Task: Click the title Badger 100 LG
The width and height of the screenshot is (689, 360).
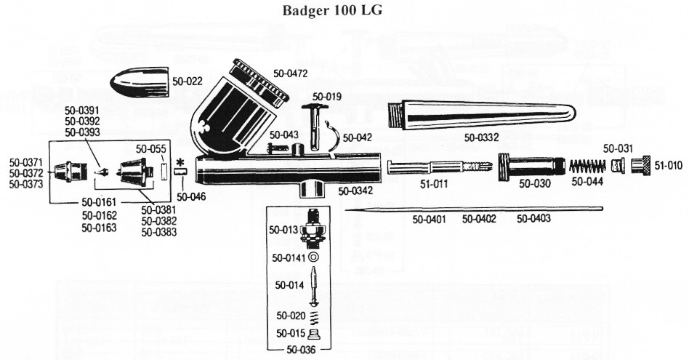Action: [x=331, y=12]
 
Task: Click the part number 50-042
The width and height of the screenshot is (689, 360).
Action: [x=357, y=137]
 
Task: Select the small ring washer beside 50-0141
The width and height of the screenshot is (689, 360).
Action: [x=313, y=257]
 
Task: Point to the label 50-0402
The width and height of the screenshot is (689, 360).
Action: [x=480, y=218]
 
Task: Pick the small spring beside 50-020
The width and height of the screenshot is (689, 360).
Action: [x=313, y=316]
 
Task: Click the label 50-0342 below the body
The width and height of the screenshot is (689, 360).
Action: [x=356, y=191]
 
